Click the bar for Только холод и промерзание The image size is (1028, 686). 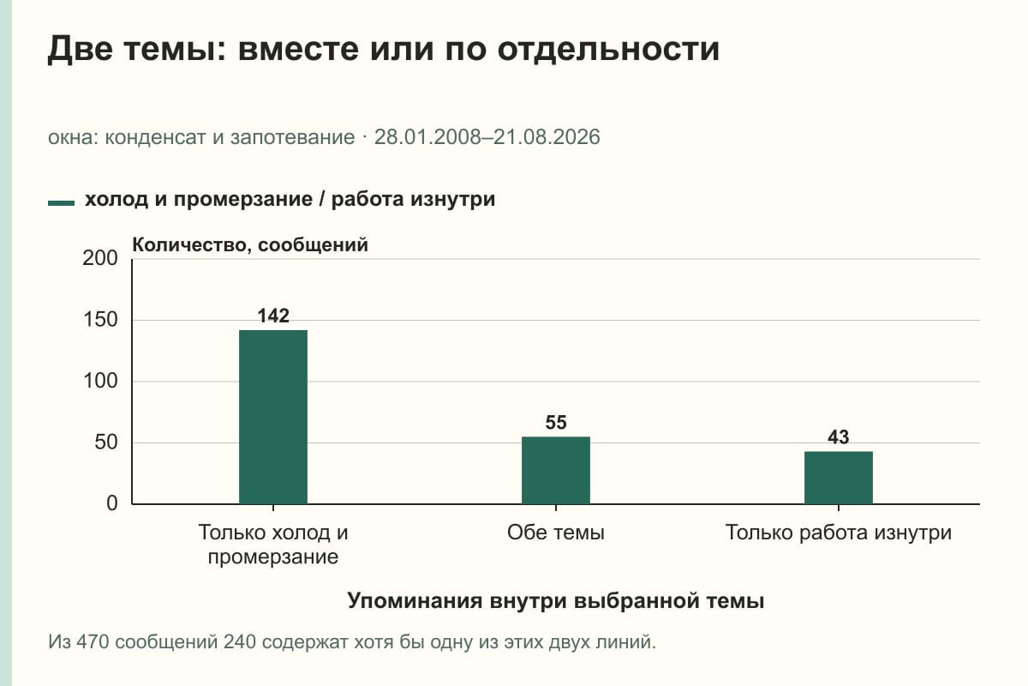pos(273,417)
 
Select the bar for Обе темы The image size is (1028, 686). pos(556,470)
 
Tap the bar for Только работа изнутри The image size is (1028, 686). pos(839,478)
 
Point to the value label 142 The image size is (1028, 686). pos(273,316)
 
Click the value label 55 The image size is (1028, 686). pos(556,422)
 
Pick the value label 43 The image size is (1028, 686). pos(839,437)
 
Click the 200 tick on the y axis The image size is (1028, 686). pos(100,258)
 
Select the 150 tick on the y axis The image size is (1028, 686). pos(100,320)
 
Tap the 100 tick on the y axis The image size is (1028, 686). pos(100,381)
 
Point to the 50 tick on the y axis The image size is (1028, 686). pos(106,442)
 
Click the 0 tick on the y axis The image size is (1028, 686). pos(112,503)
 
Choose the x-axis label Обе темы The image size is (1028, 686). pos(556,533)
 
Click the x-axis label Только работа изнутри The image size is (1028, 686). pos(839,533)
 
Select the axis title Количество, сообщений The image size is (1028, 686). pos(250,245)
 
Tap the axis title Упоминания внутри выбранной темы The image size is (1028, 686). pos(556,600)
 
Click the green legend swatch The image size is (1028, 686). pos(61,203)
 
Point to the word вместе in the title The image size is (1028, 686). pos(298,49)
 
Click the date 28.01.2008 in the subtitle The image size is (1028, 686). pos(427,137)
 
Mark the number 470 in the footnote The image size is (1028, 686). pos(93,642)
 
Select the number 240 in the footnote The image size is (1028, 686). pos(240,642)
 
